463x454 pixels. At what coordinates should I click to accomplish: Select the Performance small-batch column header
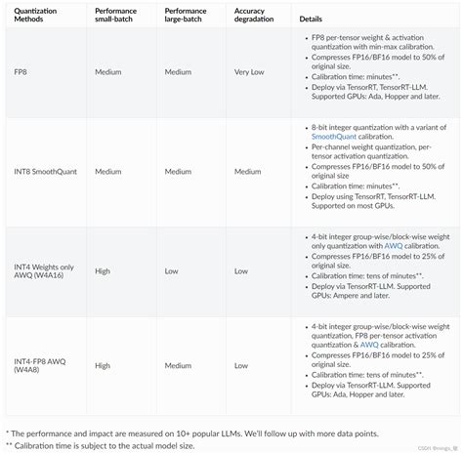(x=118, y=17)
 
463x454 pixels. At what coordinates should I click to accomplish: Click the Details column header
(x=311, y=18)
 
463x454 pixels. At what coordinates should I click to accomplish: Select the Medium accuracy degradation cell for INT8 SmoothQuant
(x=249, y=172)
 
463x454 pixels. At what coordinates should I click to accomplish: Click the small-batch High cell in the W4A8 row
(x=103, y=366)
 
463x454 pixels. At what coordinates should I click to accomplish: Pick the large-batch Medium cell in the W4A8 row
(x=179, y=366)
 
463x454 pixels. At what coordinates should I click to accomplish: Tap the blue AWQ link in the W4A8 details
(x=369, y=345)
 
